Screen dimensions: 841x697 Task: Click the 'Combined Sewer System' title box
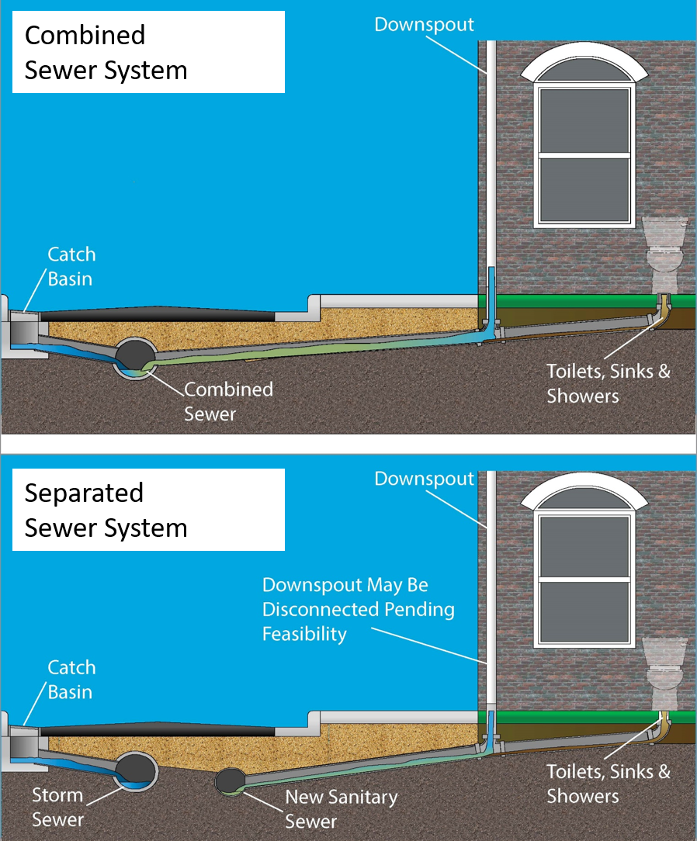(147, 52)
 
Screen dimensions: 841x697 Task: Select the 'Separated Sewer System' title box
(147, 510)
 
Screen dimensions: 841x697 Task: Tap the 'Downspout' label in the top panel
(424, 24)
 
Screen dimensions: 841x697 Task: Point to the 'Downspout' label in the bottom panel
(424, 479)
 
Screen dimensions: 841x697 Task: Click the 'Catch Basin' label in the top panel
(71, 266)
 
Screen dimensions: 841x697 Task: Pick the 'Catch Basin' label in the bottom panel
(71, 680)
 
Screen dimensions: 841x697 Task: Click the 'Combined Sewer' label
(228, 401)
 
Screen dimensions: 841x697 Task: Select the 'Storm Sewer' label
(57, 807)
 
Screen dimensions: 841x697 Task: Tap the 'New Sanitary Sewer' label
(341, 808)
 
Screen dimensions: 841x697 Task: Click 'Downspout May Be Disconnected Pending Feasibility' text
(358, 609)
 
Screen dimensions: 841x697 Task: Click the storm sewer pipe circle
(137, 770)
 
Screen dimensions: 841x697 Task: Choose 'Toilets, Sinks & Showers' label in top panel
(608, 382)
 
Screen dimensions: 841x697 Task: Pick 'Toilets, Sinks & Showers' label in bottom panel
(608, 784)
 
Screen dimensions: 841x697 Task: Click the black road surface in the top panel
(155, 314)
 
